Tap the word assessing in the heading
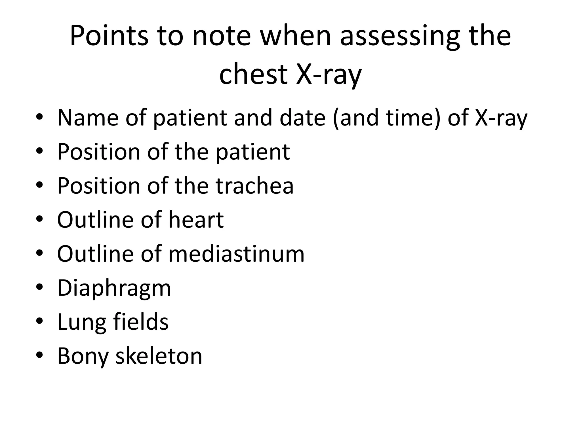(x=400, y=36)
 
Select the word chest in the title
(x=254, y=74)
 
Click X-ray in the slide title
(x=329, y=74)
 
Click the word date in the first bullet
(x=302, y=118)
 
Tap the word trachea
(x=254, y=185)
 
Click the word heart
(x=196, y=219)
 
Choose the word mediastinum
(x=236, y=253)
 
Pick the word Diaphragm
(x=114, y=288)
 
